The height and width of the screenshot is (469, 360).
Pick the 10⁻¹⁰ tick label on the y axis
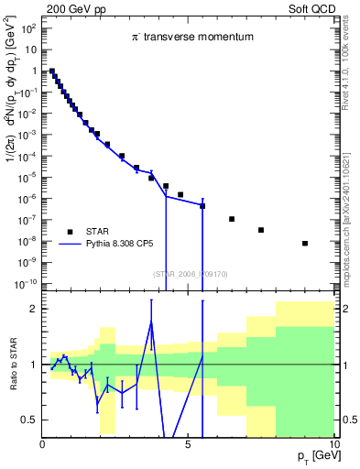click(x=27, y=284)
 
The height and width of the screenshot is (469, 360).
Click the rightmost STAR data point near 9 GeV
click(x=305, y=243)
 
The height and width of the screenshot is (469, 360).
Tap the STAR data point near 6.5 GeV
click(x=232, y=219)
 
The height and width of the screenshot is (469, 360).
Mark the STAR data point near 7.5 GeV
click(x=261, y=230)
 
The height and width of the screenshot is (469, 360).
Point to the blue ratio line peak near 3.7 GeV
click(x=151, y=321)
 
